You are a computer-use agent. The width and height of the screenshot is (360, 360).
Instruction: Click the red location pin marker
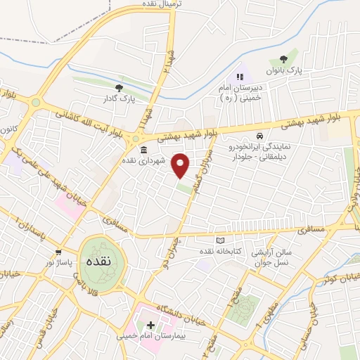181,165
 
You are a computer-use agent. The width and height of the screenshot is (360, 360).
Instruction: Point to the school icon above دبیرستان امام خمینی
239,77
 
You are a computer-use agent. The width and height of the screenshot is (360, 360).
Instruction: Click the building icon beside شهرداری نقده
143,150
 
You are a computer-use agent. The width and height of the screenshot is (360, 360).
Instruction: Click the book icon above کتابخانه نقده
219,240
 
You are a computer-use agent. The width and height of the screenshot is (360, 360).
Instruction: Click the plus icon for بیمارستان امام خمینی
150,326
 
